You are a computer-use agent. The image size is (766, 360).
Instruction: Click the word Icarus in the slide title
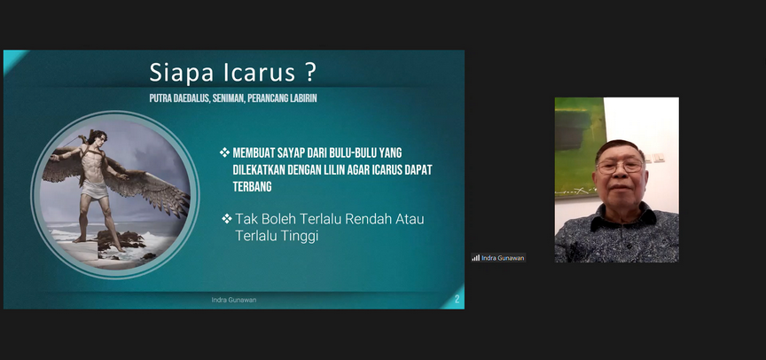pyautogui.click(x=259, y=73)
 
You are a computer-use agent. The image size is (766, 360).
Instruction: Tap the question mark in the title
pyautogui.click(x=310, y=73)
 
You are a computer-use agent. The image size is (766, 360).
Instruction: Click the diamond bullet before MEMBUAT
pyautogui.click(x=224, y=153)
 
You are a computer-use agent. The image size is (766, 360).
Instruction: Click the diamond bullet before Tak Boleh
pyautogui.click(x=227, y=218)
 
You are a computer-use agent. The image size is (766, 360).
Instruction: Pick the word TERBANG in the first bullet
pyautogui.click(x=252, y=186)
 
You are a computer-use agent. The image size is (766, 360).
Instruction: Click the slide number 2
pyautogui.click(x=457, y=300)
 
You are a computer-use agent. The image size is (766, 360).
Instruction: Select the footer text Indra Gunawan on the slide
pyautogui.click(x=233, y=300)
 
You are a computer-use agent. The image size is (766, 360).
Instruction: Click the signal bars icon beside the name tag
pyautogui.click(x=475, y=258)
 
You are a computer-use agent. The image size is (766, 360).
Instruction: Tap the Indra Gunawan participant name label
pyautogui.click(x=503, y=258)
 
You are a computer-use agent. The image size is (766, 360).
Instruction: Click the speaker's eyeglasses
pyautogui.click(x=620, y=167)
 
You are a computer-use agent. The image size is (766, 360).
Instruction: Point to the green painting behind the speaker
pyautogui.click(x=581, y=147)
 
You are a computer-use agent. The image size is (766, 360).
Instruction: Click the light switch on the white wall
pyautogui.click(x=656, y=158)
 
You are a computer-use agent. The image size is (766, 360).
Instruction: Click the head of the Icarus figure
pyautogui.click(x=98, y=137)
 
